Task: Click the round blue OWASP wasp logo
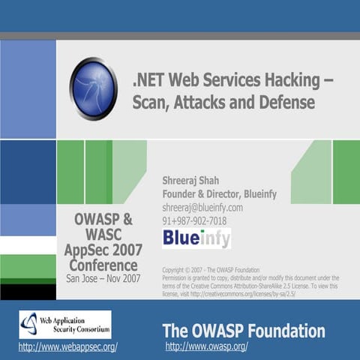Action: point(93,88)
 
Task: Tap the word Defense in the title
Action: point(288,101)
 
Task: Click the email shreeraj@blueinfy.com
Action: point(202,207)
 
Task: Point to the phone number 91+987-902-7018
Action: point(194,220)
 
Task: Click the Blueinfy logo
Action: point(196,238)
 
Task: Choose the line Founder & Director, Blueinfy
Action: point(219,193)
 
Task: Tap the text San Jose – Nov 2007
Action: point(103,278)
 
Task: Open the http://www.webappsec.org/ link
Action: point(67,347)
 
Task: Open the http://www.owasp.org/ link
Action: point(206,346)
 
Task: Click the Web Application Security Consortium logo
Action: point(64,325)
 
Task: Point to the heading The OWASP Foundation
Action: point(244,331)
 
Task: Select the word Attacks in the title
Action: point(202,101)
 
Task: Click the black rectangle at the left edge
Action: point(28,291)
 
